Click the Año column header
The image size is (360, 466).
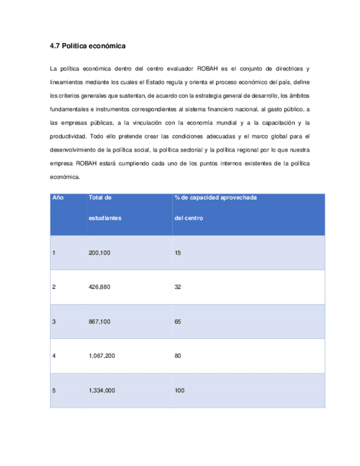57,197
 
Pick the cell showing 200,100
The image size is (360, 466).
99,253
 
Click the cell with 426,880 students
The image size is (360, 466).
99,287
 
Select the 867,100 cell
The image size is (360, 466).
99,321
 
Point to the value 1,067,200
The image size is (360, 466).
102,356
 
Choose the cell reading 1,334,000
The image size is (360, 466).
102,391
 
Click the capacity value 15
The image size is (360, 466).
178,253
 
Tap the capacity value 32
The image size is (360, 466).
178,287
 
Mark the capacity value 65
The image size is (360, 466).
178,321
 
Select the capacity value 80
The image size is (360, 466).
178,356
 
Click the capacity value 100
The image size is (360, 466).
179,391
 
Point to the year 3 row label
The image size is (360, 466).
54,321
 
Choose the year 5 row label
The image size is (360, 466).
54,391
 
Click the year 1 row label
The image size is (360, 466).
54,253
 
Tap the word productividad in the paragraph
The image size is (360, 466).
68,136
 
